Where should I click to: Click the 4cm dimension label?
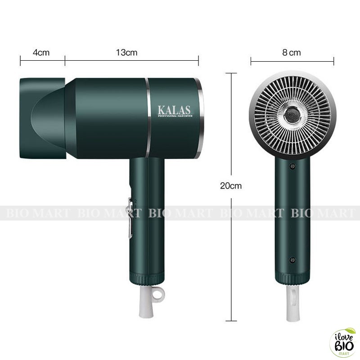[x=41, y=53]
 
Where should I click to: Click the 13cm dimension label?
[x=126, y=53]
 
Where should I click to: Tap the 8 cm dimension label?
[x=292, y=53]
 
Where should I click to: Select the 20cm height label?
[x=231, y=185]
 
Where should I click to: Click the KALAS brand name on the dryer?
[x=174, y=109]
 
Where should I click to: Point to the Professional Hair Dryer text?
[x=175, y=116]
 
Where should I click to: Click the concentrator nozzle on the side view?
[x=43, y=118]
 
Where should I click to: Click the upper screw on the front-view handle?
[x=292, y=166]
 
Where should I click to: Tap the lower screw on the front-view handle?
[x=292, y=260]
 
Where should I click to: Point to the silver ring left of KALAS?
[x=147, y=118]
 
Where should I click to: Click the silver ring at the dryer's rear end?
[x=200, y=118]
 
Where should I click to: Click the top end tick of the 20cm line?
[x=231, y=73]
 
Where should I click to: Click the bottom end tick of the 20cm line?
[x=231, y=320]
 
